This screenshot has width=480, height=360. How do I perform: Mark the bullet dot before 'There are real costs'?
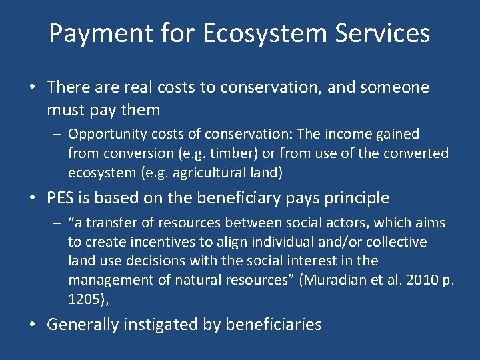pos(32,88)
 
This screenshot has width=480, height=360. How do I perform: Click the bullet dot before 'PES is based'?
pos(32,199)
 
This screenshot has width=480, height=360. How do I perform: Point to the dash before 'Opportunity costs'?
pos(57,135)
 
